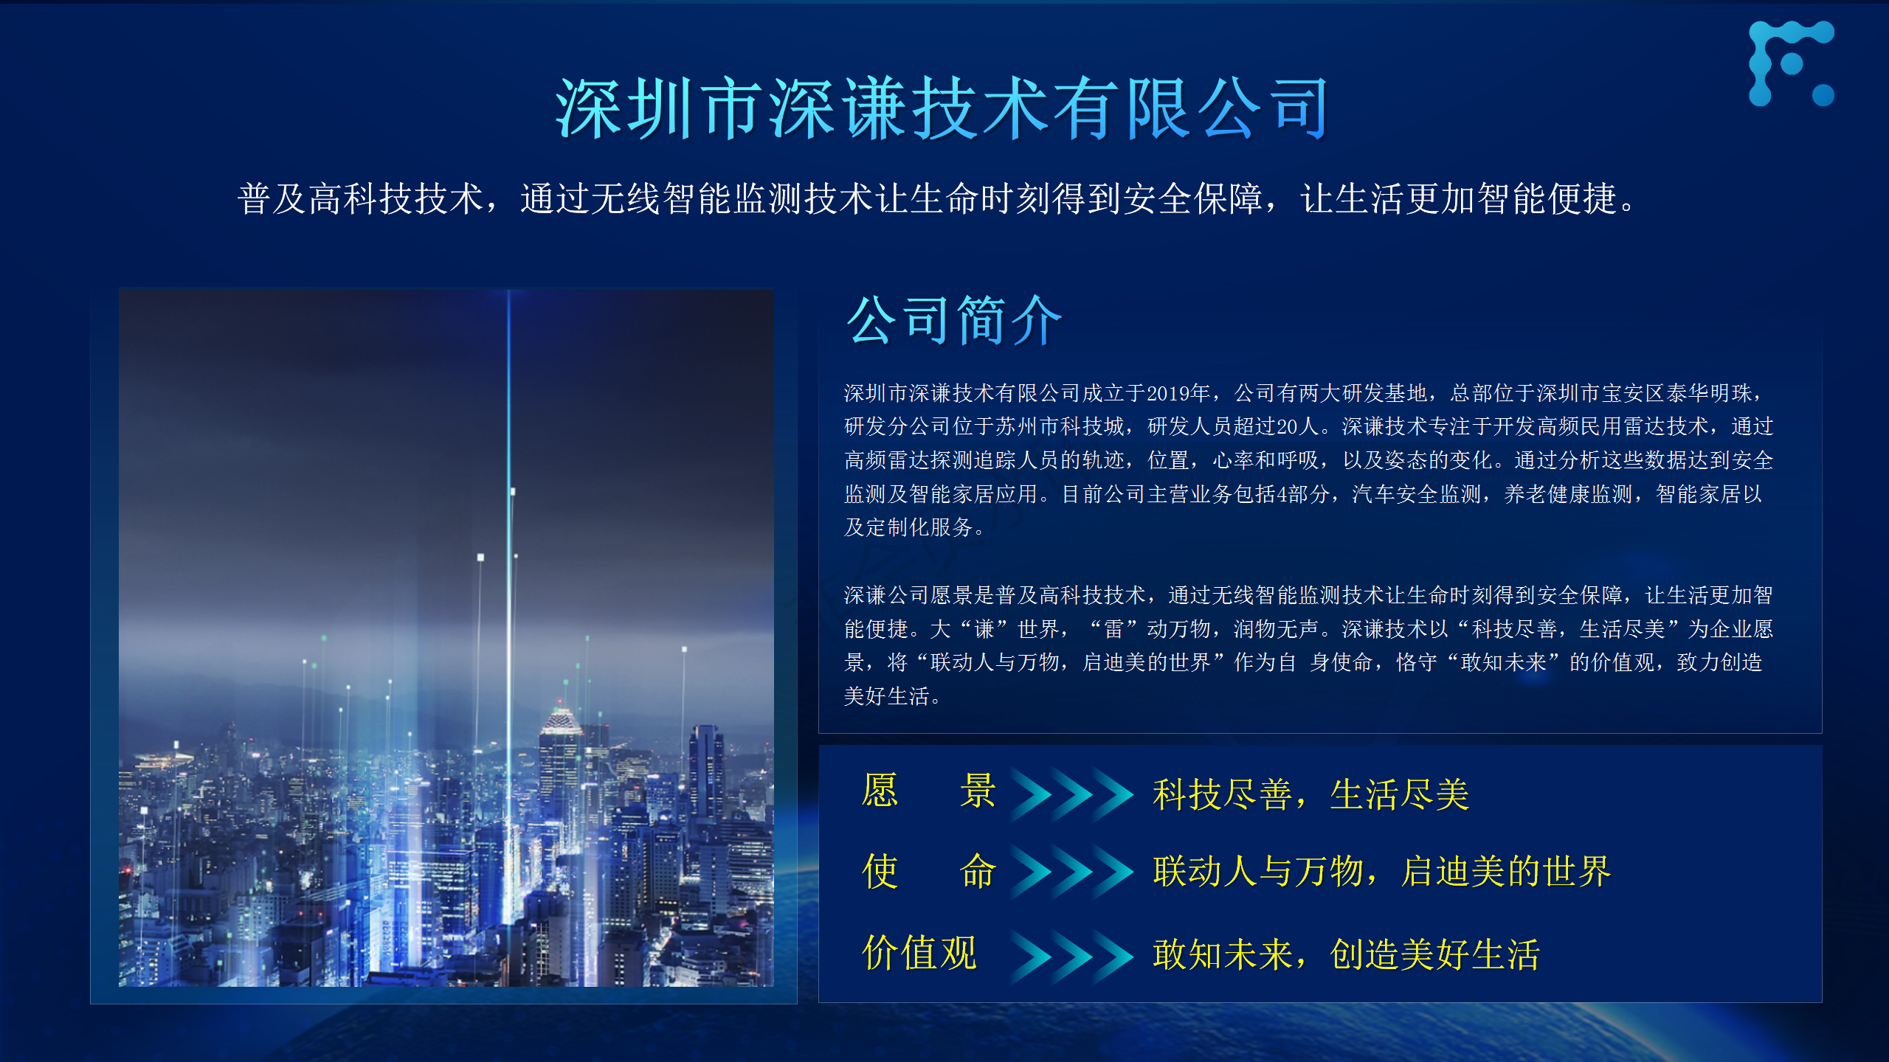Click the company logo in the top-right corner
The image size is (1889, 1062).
1792,63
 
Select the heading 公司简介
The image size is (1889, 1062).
954,320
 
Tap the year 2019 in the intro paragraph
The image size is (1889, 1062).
1168,393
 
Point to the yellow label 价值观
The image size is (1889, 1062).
919,952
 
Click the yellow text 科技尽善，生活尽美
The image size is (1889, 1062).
1311,795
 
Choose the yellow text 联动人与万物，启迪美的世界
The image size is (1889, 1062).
1382,871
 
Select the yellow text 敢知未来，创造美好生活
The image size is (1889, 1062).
1347,954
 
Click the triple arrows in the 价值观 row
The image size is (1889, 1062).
1071,956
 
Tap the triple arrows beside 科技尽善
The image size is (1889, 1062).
1071,794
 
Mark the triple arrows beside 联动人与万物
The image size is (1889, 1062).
1071,872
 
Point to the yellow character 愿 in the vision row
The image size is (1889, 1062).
880,791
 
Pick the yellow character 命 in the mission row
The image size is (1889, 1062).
978,871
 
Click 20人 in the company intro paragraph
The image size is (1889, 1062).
1298,426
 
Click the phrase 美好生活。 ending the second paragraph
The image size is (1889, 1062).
892,696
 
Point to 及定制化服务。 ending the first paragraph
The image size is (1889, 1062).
914,527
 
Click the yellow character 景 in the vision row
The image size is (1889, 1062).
978,791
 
